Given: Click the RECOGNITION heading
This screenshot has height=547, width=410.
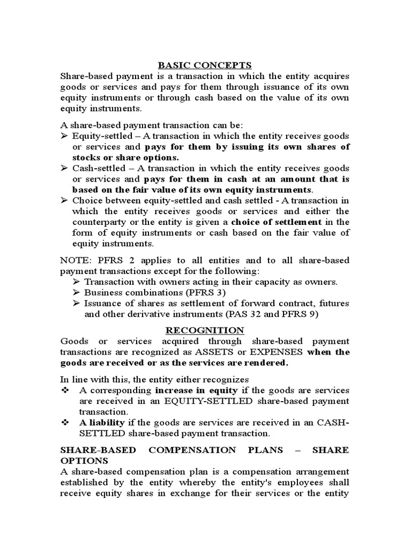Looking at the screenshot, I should (x=205, y=330).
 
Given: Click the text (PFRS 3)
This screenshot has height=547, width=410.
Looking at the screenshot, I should (x=188, y=293).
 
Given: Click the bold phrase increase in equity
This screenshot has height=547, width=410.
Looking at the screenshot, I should (x=190, y=390).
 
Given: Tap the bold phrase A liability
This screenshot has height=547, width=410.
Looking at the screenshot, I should (x=102, y=423).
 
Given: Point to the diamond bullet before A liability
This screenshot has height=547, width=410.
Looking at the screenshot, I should (x=66, y=423).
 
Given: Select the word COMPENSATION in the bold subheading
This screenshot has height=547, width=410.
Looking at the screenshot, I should (x=192, y=450).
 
